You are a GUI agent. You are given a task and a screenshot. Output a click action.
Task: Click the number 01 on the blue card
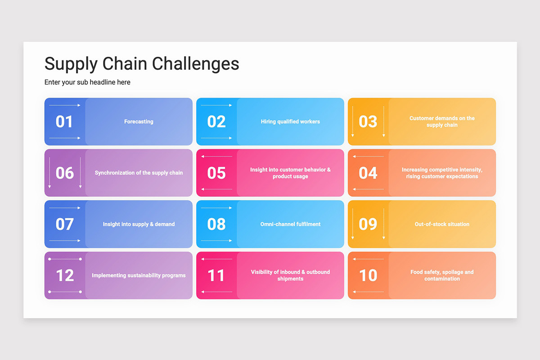tap(64, 121)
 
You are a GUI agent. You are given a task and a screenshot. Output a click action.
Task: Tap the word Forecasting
tap(139, 121)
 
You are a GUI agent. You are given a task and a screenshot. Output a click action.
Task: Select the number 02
tap(216, 121)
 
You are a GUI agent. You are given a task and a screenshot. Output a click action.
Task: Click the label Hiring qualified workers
tap(290, 121)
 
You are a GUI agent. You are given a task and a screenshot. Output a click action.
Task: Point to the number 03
tap(368, 121)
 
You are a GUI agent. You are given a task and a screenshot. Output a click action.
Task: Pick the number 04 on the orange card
tap(368, 173)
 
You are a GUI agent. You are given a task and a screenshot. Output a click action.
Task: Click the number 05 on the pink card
tap(216, 173)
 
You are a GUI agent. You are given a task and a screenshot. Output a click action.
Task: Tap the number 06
tap(65, 173)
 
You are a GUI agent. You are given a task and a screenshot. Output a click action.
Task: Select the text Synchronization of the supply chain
tap(139, 173)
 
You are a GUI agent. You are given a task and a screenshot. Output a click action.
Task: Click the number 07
tap(65, 224)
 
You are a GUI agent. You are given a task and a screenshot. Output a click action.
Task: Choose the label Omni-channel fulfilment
tap(290, 224)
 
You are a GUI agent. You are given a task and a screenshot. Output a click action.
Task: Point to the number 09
tap(368, 224)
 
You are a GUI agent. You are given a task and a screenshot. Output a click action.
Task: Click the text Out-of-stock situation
tap(442, 224)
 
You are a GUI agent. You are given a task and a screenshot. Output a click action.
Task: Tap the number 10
tap(368, 275)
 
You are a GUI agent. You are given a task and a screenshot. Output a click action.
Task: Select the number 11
tap(216, 275)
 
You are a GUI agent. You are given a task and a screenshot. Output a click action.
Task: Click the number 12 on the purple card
tap(65, 275)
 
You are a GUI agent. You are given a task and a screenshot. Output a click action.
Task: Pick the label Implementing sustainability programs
tap(139, 275)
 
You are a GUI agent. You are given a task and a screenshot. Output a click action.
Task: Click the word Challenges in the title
tap(195, 64)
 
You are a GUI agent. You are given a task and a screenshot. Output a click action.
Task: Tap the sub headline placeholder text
tap(87, 82)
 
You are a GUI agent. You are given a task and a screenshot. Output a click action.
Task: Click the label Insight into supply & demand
tap(139, 224)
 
